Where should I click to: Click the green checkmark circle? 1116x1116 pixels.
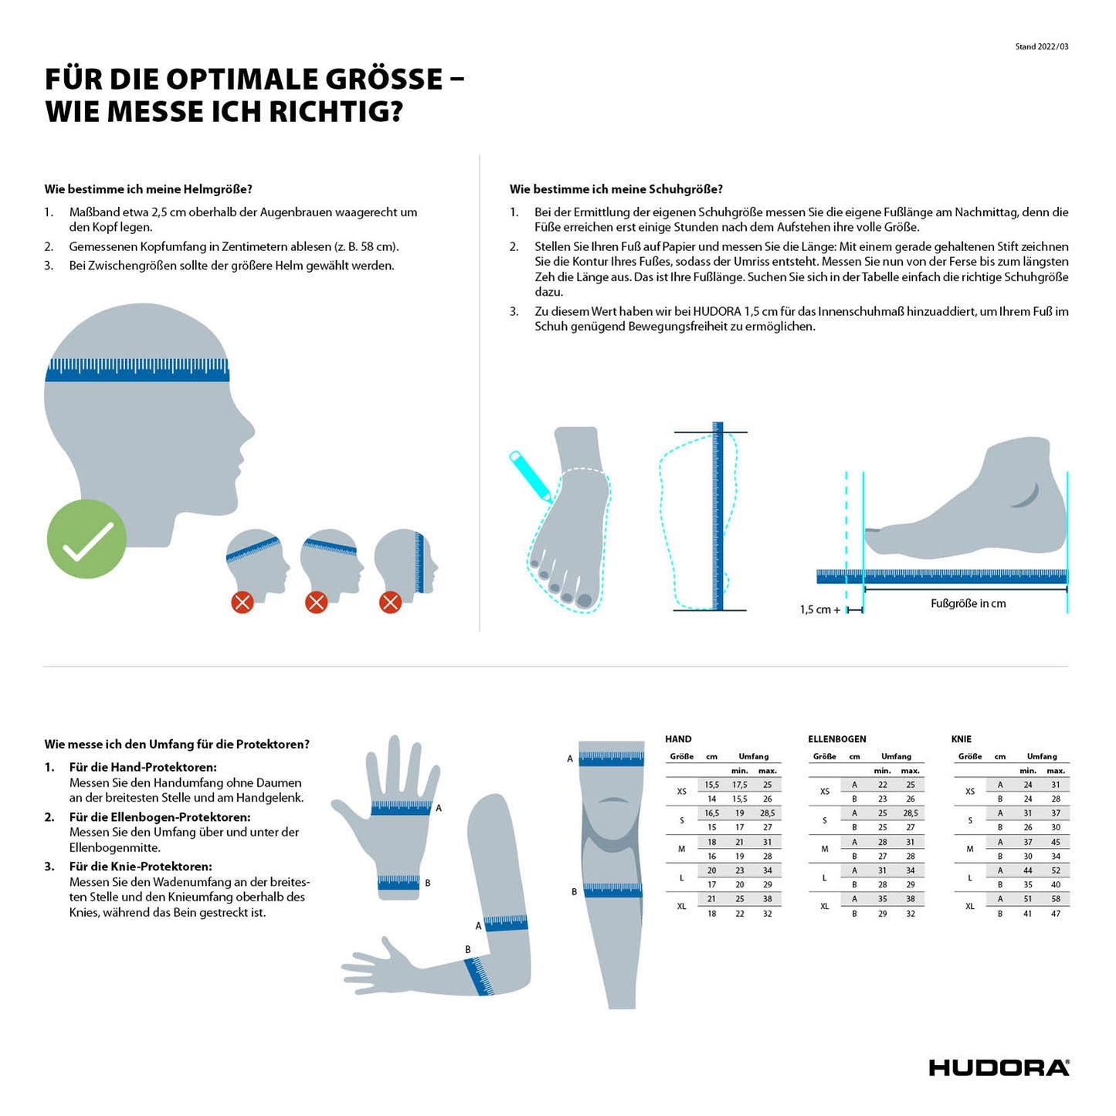pyautogui.click(x=86, y=538)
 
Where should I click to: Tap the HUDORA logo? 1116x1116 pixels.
pyautogui.click(x=999, y=1067)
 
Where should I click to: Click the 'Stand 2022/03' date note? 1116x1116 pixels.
pyautogui.click(x=1041, y=47)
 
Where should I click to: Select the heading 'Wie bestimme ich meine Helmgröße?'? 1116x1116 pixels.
pyautogui.click(x=148, y=189)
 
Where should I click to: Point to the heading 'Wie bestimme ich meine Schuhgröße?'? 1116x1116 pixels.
pyautogui.click(x=616, y=189)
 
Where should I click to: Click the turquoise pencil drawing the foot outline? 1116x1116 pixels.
pyautogui.click(x=530, y=476)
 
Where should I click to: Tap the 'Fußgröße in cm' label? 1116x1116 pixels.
pyautogui.click(x=968, y=603)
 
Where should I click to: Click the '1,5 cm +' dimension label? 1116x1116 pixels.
pyautogui.click(x=819, y=609)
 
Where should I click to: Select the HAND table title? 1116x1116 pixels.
pyautogui.click(x=678, y=739)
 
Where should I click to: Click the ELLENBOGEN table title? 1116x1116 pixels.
pyautogui.click(x=837, y=739)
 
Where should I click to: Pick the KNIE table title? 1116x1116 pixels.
pyautogui.click(x=961, y=739)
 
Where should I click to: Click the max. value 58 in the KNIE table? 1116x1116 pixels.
pyautogui.click(x=1055, y=899)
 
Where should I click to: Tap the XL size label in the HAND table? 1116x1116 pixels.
pyautogui.click(x=682, y=907)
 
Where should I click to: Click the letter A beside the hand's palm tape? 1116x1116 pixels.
pyautogui.click(x=439, y=808)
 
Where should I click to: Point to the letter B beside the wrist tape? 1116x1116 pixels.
pyautogui.click(x=427, y=884)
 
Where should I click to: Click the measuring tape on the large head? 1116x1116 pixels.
pyautogui.click(x=137, y=370)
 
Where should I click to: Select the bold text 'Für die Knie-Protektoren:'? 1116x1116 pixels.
pyautogui.click(x=140, y=867)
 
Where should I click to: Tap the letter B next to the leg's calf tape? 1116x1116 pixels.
pyautogui.click(x=574, y=892)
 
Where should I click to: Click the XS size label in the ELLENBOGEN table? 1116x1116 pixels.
pyautogui.click(x=825, y=791)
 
